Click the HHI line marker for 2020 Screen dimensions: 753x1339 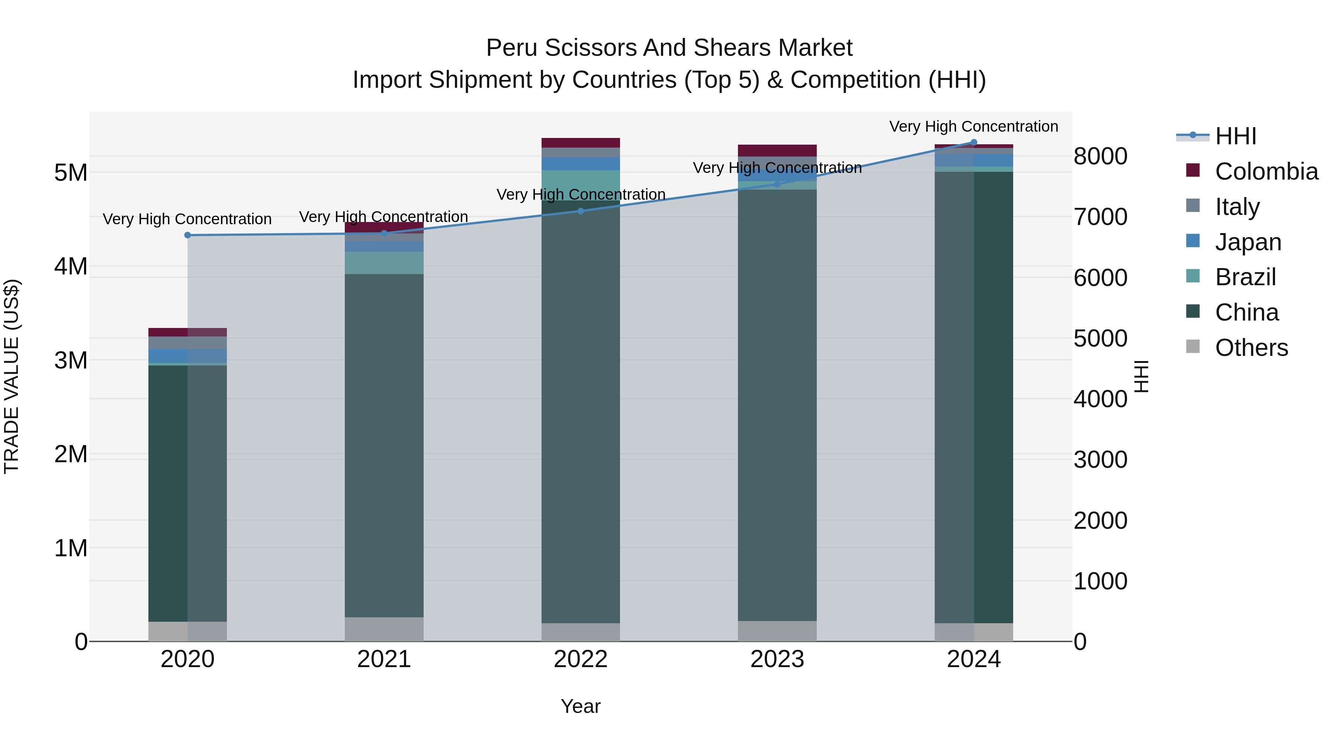pyautogui.click(x=188, y=235)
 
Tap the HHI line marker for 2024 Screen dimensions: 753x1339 pyautogui.click(x=974, y=142)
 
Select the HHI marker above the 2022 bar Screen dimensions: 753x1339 pyautogui.click(x=581, y=211)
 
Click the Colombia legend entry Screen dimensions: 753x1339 pyautogui.click(x=1266, y=171)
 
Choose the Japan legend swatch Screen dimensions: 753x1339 pyautogui.click(x=1192, y=241)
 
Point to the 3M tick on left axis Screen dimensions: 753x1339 pyautogui.click(x=71, y=360)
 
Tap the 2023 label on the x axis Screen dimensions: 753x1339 pyautogui.click(x=777, y=659)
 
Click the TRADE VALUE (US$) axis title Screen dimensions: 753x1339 pyautogui.click(x=12, y=376)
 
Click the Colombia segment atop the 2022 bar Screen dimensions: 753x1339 pyautogui.click(x=581, y=142)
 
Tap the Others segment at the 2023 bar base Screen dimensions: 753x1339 pyautogui.click(x=777, y=631)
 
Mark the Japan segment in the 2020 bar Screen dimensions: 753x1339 pyautogui.click(x=188, y=355)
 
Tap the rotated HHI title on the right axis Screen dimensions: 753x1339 pyautogui.click(x=1141, y=376)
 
